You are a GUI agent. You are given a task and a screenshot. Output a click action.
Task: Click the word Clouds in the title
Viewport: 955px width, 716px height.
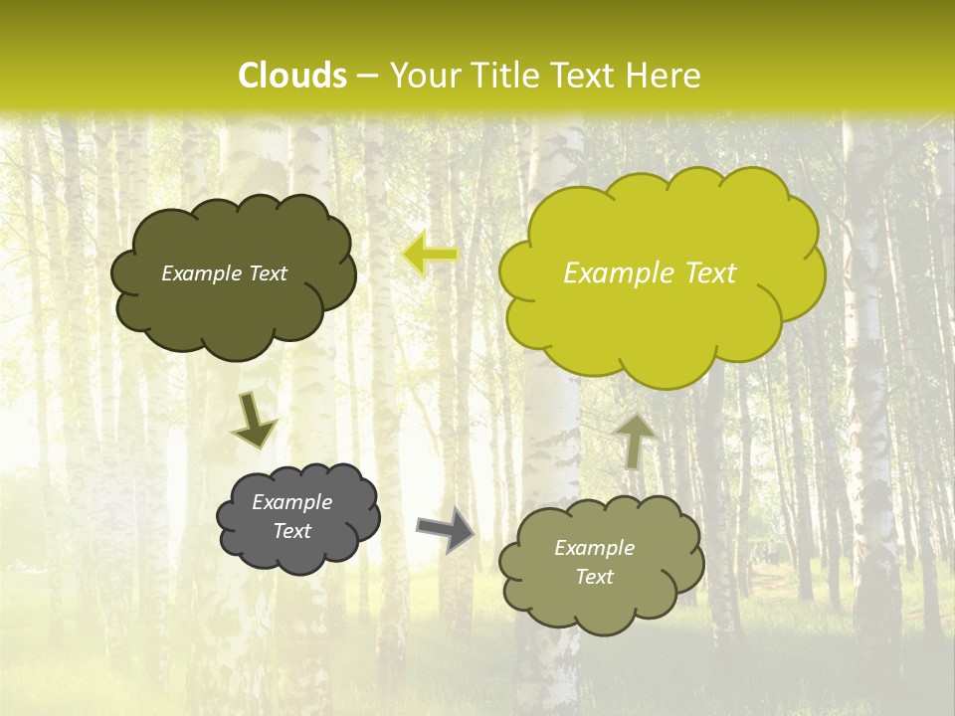click(292, 76)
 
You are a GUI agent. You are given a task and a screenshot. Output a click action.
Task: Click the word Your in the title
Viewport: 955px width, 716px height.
click(423, 76)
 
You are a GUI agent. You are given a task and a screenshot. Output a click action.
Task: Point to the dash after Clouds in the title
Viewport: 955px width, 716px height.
click(368, 77)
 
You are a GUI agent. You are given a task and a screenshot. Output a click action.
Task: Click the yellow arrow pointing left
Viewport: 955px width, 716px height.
click(431, 255)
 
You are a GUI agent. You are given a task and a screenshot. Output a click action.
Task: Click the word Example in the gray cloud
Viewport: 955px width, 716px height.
click(291, 502)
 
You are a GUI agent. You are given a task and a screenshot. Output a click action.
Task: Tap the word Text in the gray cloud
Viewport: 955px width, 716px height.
click(291, 531)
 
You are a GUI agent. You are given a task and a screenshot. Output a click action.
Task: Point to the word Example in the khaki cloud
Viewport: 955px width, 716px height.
click(594, 548)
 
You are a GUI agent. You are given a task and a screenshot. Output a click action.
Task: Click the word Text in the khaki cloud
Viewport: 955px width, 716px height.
click(594, 577)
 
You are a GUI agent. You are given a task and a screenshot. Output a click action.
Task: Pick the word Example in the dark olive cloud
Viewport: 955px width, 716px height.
click(199, 273)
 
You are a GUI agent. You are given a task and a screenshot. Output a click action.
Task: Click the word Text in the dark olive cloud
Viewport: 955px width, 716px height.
click(266, 273)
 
